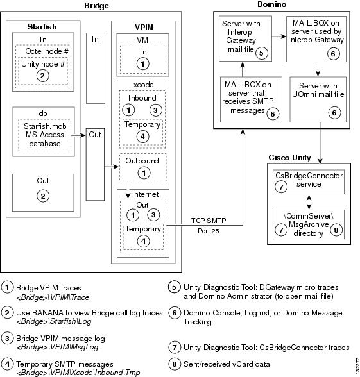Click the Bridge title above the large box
[96, 6]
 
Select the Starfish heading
[42, 27]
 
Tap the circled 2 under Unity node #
[42, 76]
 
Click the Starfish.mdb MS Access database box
[44, 135]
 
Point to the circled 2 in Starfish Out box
[43, 196]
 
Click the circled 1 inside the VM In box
[142, 64]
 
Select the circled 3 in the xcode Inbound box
[156, 110]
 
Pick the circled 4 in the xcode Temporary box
[143, 137]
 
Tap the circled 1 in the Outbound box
[144, 173]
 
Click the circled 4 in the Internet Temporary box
[144, 241]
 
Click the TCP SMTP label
[209, 221]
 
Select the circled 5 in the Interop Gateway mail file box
[261, 53]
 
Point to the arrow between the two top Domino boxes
[279, 37]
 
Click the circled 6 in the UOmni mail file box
[334, 113]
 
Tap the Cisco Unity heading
[290, 158]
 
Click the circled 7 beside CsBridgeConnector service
[281, 187]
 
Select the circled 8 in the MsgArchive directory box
[336, 230]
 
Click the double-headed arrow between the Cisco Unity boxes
[309, 202]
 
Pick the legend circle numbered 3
[7, 339]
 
